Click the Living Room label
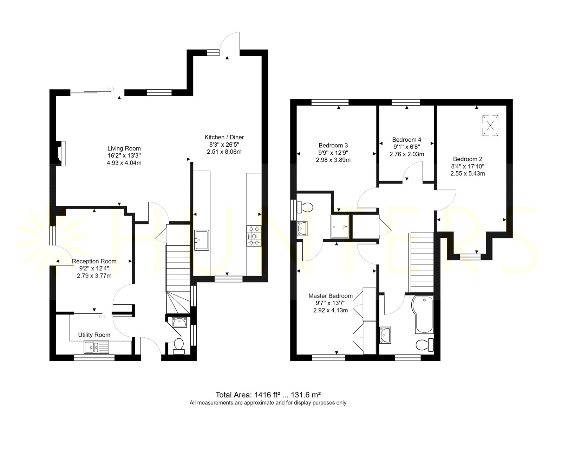(x=124, y=148)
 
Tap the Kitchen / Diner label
(x=224, y=137)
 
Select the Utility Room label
(x=94, y=334)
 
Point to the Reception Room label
(x=94, y=261)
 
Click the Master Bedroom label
(x=331, y=296)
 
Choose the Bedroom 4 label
(x=407, y=140)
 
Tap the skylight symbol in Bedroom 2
(x=490, y=126)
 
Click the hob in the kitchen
(x=254, y=236)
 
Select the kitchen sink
(x=202, y=240)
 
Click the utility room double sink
(x=97, y=347)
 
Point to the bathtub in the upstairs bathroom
(x=423, y=314)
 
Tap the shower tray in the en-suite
(x=340, y=227)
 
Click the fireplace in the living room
(x=61, y=153)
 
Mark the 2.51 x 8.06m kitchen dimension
(x=224, y=152)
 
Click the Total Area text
(x=268, y=395)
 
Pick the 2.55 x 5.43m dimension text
(x=468, y=173)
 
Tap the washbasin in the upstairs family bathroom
(x=385, y=335)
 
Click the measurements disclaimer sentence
(x=268, y=403)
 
